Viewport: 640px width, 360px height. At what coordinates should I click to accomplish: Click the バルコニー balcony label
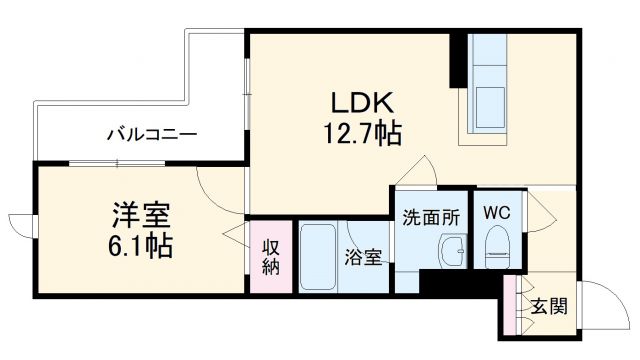click(153, 134)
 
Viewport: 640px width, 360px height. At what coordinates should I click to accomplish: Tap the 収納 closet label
click(271, 258)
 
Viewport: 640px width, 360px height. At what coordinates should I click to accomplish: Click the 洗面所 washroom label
click(430, 215)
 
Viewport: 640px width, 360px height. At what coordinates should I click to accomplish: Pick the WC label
click(496, 213)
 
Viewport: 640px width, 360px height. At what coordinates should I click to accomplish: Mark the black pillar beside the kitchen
click(458, 60)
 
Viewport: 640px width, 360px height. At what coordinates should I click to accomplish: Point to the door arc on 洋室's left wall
click(23, 225)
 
